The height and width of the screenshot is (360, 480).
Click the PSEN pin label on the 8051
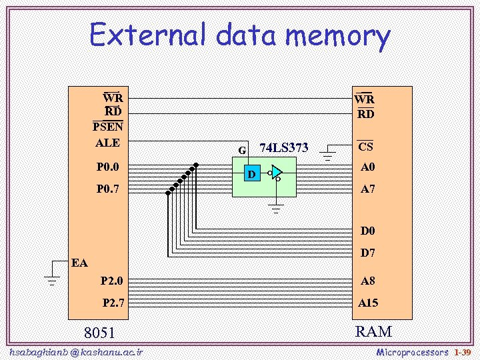107,127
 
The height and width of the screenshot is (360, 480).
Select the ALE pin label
107,143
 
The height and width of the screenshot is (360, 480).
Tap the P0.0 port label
107,167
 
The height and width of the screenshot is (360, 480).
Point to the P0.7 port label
107,189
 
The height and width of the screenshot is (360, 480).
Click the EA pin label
79,263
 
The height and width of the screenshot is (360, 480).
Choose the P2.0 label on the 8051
111,281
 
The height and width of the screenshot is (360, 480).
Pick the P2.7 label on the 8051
113,303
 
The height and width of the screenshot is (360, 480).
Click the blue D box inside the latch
251,175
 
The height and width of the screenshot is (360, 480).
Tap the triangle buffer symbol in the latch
277,172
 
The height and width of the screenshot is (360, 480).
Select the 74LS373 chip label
283,148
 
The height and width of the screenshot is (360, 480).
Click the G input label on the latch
243,150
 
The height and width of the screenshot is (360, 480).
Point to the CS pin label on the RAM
365,147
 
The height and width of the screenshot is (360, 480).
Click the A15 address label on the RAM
367,303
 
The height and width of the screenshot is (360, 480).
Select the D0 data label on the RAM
367,232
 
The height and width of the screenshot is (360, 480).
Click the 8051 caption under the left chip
99,333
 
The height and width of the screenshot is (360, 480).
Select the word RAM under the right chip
373,331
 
